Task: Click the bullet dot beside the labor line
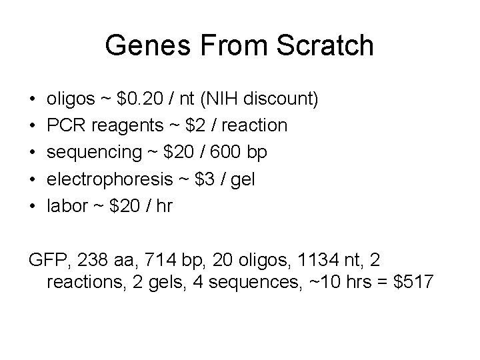33,206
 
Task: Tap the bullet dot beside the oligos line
33,100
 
